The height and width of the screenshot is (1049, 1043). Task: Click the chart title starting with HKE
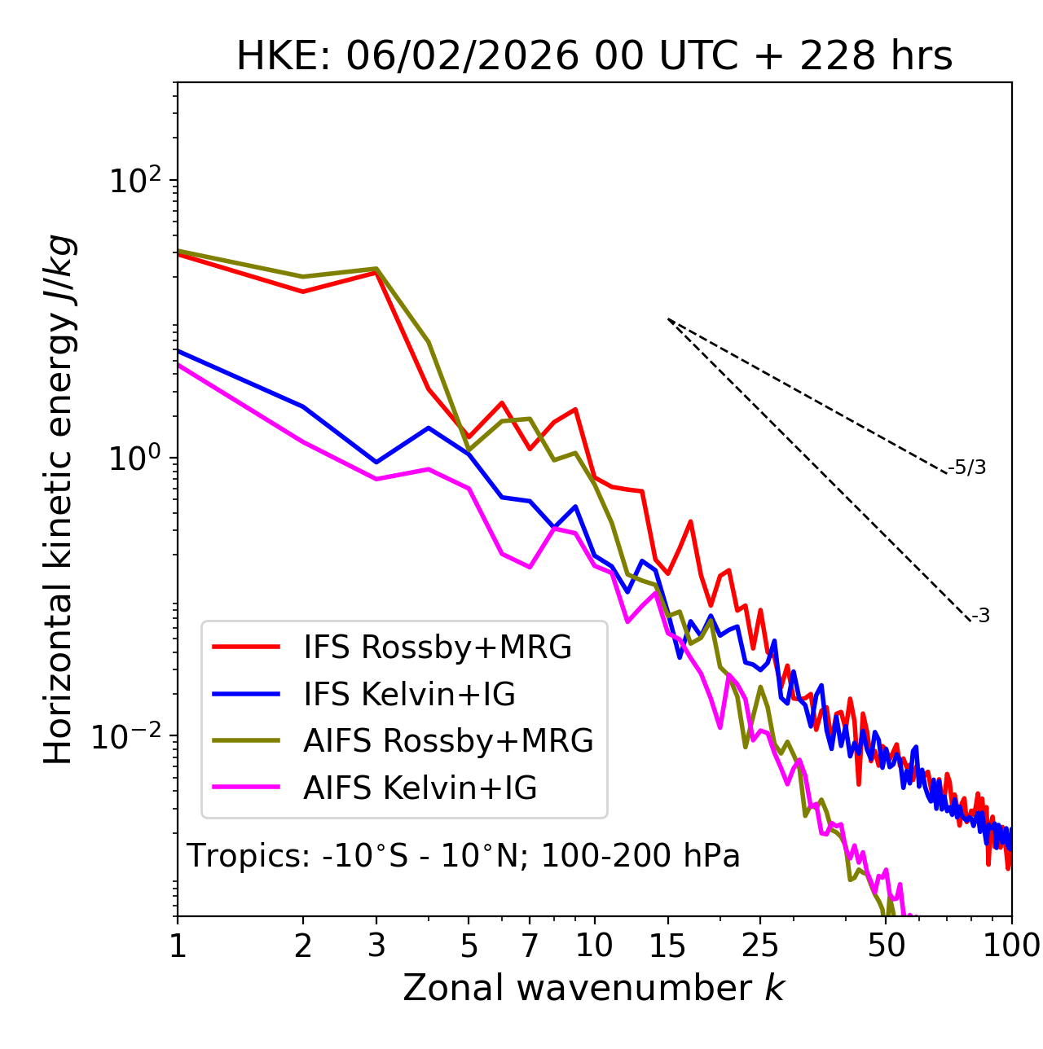click(594, 57)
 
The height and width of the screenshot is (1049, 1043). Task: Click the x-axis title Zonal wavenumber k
click(593, 988)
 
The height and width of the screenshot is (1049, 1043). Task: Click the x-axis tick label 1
click(178, 946)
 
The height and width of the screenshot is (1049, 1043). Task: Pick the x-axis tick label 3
click(376, 946)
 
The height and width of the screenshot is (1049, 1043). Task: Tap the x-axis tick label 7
click(530, 946)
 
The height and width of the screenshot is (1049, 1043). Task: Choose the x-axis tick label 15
click(667, 946)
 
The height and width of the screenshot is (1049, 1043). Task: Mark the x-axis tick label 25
click(760, 946)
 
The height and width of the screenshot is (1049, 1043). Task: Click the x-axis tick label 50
click(886, 946)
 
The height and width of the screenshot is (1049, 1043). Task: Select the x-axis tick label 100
click(1011, 946)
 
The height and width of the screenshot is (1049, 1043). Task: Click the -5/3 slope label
click(967, 468)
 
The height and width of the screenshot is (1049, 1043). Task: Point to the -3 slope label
click(980, 617)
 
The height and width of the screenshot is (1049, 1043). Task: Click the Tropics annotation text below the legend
click(463, 857)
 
